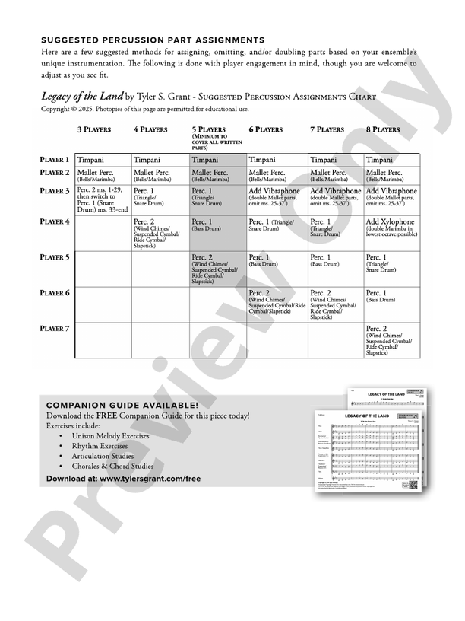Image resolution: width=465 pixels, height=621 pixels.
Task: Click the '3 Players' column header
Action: (x=93, y=130)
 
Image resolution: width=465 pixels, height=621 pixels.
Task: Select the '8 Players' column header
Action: (x=382, y=130)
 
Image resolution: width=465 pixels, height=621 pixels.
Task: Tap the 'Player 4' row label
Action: (x=55, y=221)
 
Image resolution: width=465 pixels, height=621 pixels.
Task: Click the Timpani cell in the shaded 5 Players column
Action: (x=217, y=161)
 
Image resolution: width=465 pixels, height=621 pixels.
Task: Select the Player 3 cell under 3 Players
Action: (x=103, y=199)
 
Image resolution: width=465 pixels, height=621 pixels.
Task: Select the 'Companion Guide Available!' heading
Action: (x=122, y=406)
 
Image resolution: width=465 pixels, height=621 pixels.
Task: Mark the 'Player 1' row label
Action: (x=55, y=161)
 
